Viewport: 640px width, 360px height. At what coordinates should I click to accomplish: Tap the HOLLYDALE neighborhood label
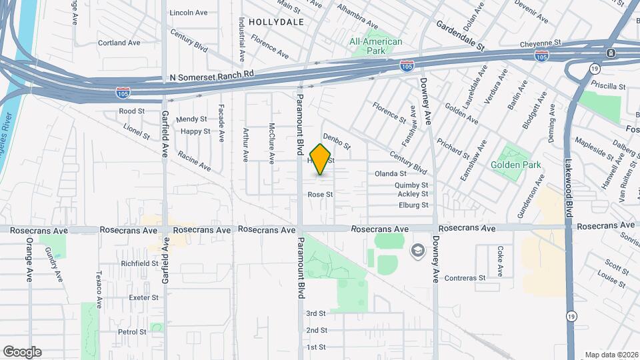(x=275, y=22)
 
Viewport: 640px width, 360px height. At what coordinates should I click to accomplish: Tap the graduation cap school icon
(x=417, y=250)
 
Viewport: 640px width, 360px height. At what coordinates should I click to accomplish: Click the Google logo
(x=22, y=352)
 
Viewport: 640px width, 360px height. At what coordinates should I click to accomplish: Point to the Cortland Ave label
(x=119, y=43)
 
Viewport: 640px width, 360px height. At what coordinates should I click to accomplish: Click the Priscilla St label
(x=608, y=87)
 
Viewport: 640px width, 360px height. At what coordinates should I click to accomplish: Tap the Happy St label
(x=195, y=131)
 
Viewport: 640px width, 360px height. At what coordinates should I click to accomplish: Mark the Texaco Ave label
(x=99, y=288)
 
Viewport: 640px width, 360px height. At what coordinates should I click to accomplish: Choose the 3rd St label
(x=315, y=313)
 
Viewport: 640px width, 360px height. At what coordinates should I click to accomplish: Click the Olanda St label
(x=391, y=173)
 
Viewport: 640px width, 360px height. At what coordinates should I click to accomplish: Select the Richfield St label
(x=139, y=263)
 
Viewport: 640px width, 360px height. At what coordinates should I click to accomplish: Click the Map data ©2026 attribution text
(x=611, y=355)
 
